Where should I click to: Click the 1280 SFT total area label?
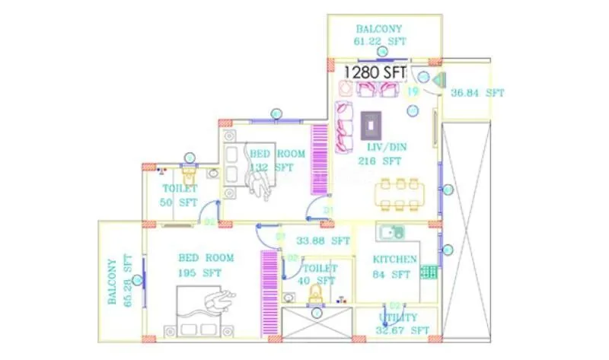tap(375, 72)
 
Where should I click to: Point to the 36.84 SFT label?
tap(477, 93)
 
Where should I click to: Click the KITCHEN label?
tap(394, 260)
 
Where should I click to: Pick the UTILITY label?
tap(398, 317)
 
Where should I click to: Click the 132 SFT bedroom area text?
tap(272, 167)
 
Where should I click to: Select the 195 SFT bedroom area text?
tap(199, 272)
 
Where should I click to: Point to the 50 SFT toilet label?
tap(179, 202)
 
